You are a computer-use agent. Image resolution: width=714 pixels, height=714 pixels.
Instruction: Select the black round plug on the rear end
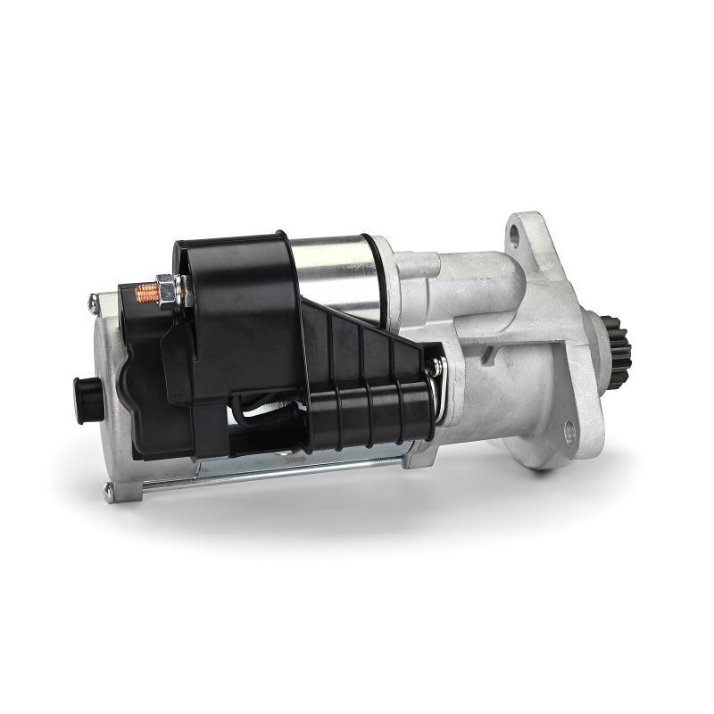86,389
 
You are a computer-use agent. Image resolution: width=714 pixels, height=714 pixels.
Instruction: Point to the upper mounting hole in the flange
514,234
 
